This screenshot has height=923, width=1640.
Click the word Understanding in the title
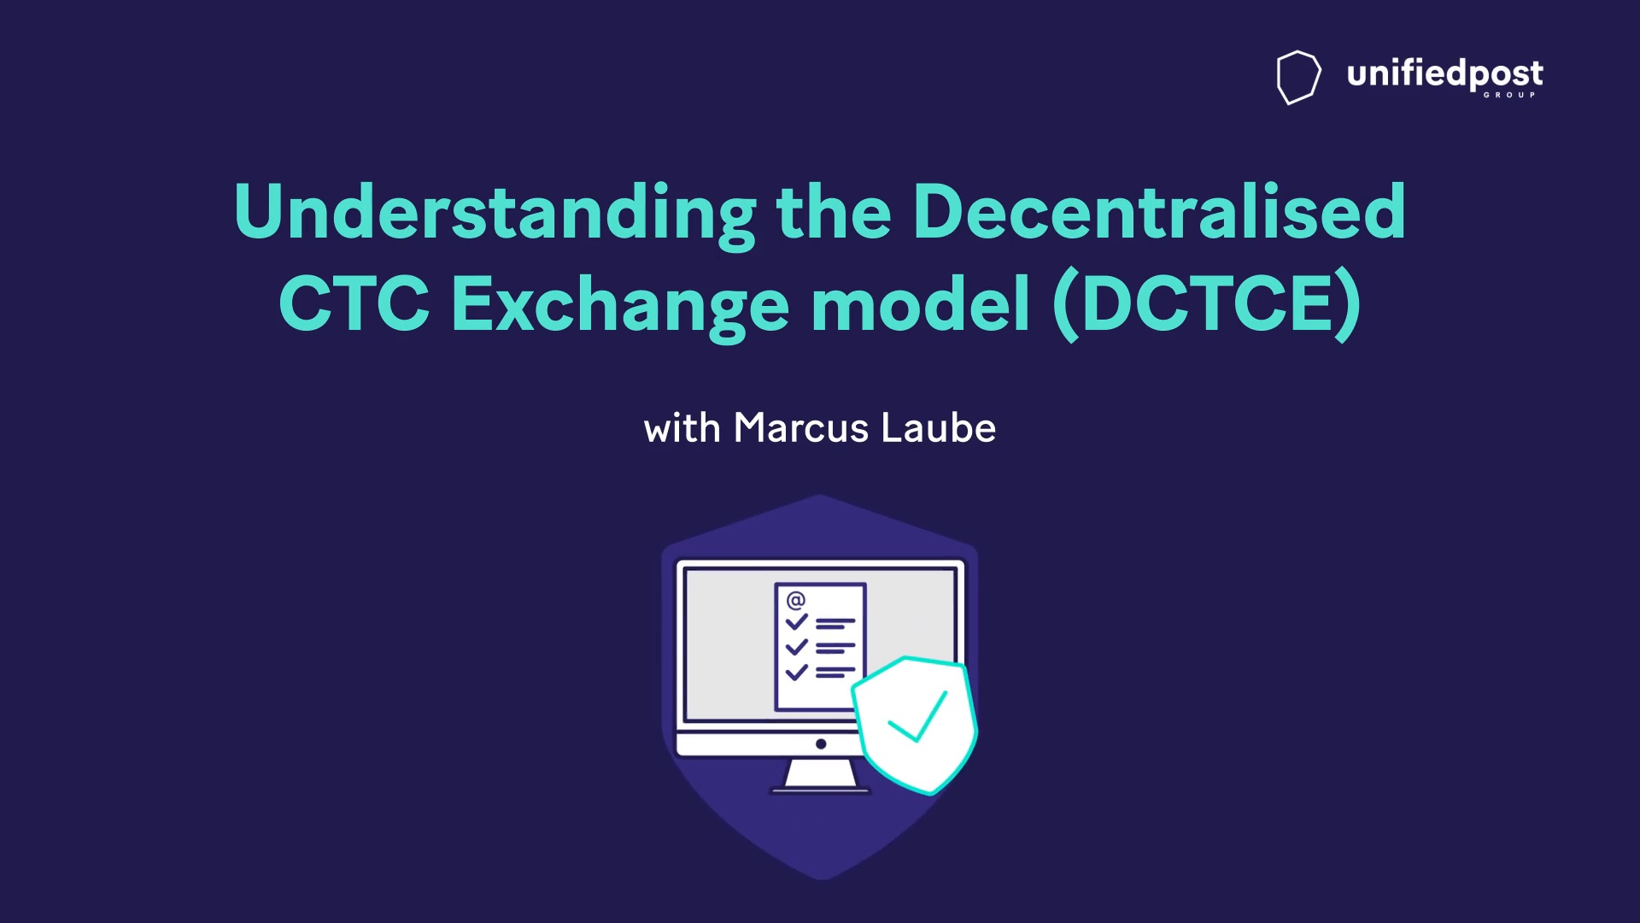coord(495,214)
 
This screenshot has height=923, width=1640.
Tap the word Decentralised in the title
coord(1159,211)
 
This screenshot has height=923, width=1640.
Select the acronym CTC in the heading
coord(354,303)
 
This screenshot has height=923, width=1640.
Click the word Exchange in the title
coord(620,306)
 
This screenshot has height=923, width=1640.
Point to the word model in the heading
coord(920,303)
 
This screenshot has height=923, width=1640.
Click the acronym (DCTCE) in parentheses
coord(1207,304)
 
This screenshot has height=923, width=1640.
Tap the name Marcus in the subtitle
coord(801,427)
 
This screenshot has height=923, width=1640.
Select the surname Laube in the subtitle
coord(938,427)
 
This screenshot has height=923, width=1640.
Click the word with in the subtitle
coord(682,427)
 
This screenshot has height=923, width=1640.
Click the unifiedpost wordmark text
coord(1445,74)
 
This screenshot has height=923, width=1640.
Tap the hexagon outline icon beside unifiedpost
coord(1298,77)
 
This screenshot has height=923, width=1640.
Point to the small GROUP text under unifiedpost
coord(1509,95)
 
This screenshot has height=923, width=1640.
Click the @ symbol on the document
coord(795,600)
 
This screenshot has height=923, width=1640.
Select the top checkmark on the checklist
coord(796,622)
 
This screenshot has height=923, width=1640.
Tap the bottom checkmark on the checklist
coord(796,672)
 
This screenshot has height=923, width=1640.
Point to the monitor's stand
coord(820,775)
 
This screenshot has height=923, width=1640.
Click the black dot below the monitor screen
coord(821,744)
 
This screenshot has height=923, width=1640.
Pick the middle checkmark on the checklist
coord(796,647)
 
